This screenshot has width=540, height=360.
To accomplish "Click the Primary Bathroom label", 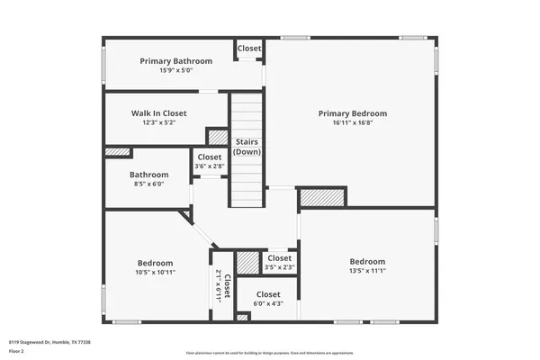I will point(175,61).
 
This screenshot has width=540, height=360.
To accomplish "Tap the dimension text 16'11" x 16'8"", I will point(352,123).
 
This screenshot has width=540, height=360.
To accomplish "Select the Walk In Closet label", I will point(158,113).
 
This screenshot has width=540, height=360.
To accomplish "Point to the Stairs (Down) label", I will point(247,147).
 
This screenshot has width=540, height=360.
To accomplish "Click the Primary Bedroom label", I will point(352,113).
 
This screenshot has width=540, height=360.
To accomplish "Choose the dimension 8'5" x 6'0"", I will point(148,184).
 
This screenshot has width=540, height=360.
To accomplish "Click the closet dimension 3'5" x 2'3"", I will point(279,267).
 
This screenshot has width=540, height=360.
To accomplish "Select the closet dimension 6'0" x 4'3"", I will point(268,304).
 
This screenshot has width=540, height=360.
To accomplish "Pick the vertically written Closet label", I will point(227,286).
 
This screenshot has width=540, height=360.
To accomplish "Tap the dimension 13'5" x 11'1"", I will point(367,271).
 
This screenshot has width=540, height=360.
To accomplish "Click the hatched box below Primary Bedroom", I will point(322,197).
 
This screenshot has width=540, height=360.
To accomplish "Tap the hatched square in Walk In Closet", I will point(218,137).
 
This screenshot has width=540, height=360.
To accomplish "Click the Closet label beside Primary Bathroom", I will point(249,48).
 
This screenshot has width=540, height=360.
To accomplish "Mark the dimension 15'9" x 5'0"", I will point(175,70).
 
